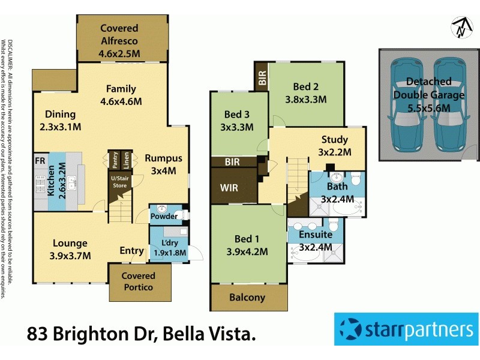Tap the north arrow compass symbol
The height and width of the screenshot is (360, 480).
coord(460,27)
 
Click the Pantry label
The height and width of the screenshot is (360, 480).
coord(113,161)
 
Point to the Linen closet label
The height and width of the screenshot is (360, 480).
coord(125,161)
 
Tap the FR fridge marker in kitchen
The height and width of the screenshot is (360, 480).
coord(40,161)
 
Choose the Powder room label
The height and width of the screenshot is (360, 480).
coord(163,216)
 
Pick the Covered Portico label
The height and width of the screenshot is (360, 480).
coord(139,281)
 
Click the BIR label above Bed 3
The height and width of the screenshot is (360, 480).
coord(261,77)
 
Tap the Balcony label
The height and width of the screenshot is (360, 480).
coord(247,298)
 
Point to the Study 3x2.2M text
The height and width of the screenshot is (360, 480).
coord(335,146)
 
